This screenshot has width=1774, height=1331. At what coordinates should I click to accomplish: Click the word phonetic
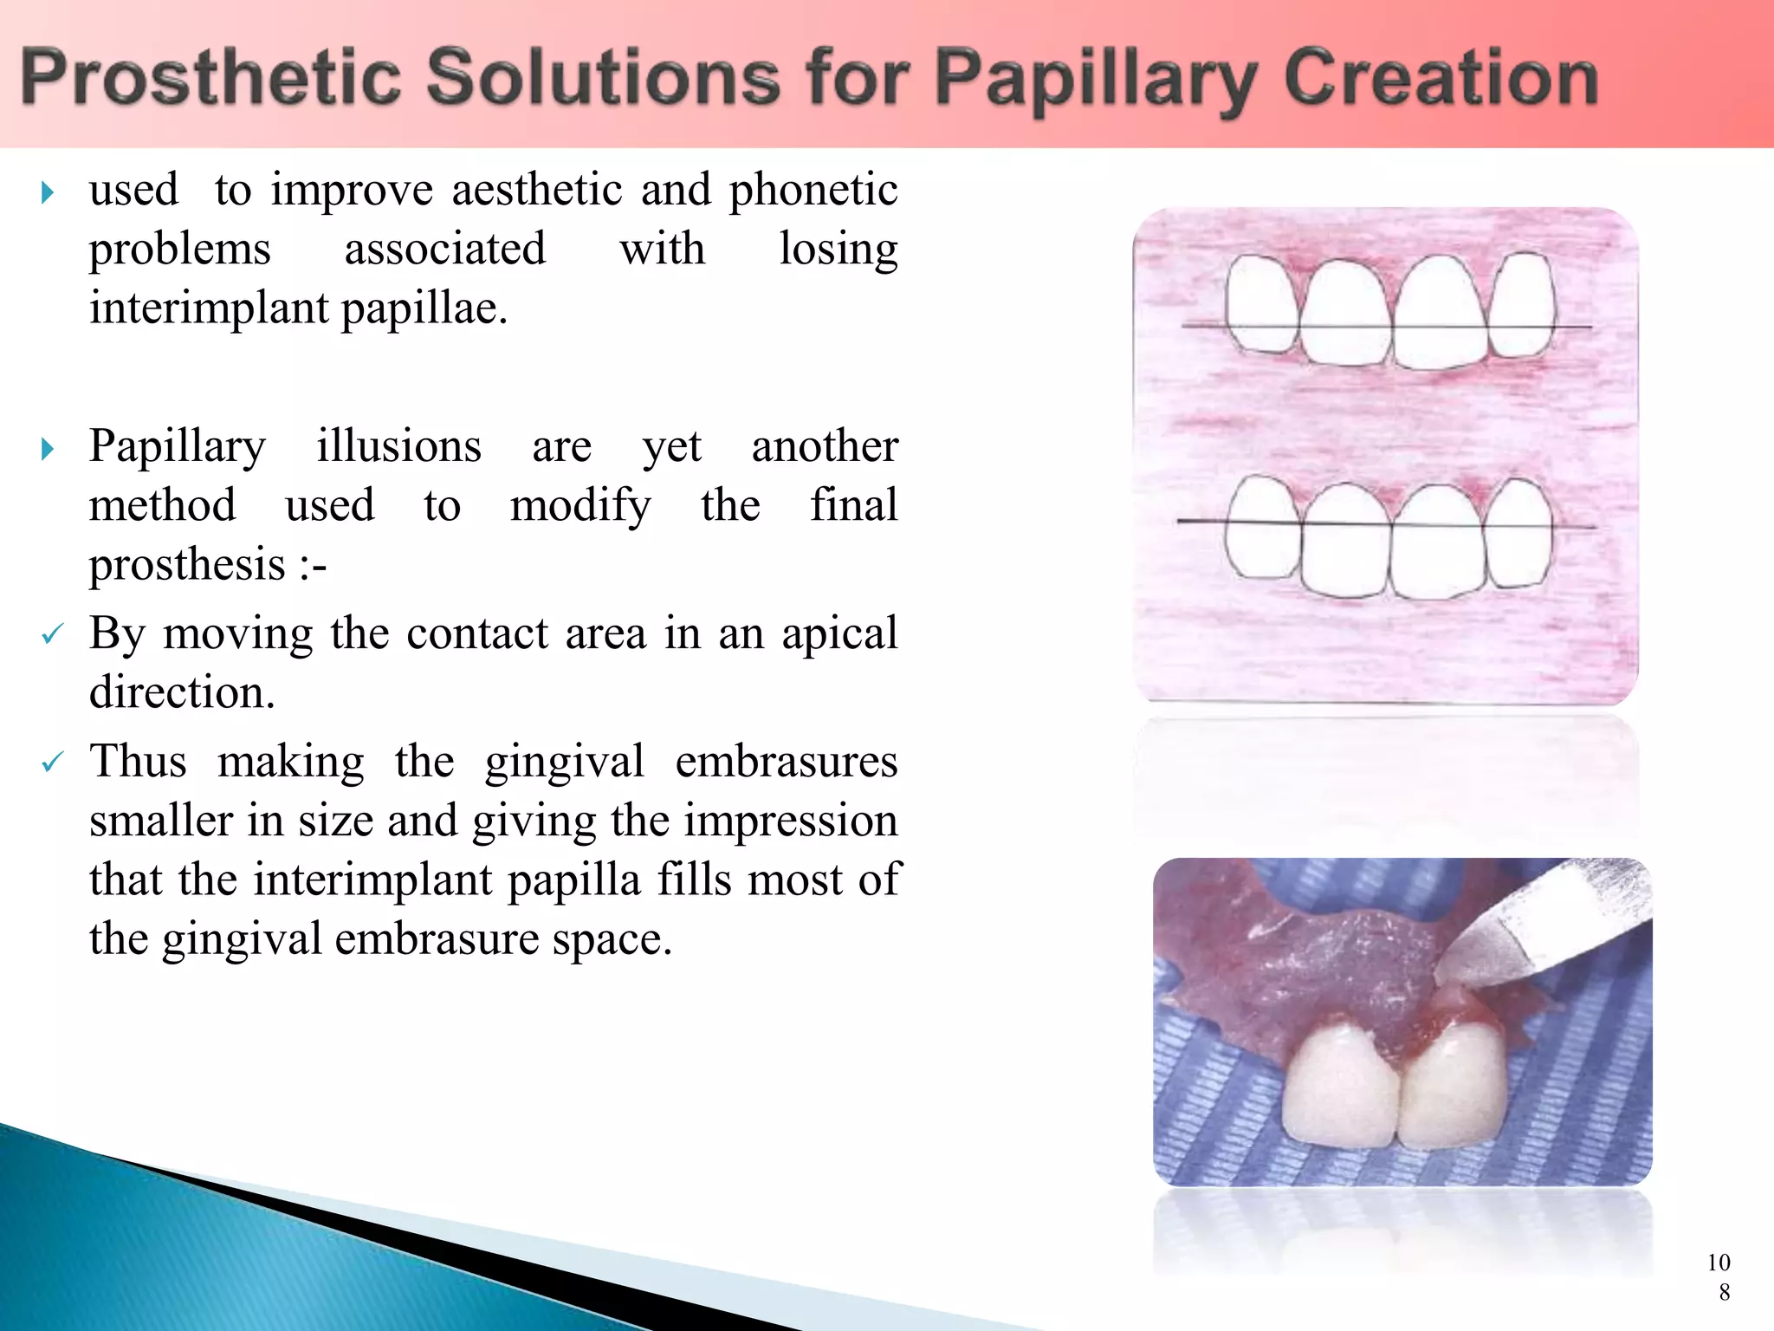[x=813, y=190]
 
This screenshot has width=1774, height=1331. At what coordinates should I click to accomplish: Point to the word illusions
[x=398, y=446]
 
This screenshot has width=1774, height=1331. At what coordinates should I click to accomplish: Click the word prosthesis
[x=187, y=565]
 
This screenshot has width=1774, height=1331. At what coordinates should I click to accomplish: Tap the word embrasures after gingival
[x=786, y=762]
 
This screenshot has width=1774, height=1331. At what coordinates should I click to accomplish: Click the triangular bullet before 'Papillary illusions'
[x=48, y=449]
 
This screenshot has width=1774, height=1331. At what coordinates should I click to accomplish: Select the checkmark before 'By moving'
[x=52, y=635]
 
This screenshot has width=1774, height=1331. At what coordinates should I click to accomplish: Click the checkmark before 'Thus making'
[x=52, y=763]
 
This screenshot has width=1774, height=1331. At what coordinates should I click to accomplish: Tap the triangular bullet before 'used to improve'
[x=48, y=192]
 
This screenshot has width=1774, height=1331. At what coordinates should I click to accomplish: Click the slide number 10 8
[x=1719, y=1276]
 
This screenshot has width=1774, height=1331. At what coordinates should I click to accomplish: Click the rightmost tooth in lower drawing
[x=1518, y=533]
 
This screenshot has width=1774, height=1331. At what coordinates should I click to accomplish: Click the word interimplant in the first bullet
[x=209, y=308]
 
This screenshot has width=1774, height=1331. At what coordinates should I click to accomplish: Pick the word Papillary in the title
[x=1096, y=78]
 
